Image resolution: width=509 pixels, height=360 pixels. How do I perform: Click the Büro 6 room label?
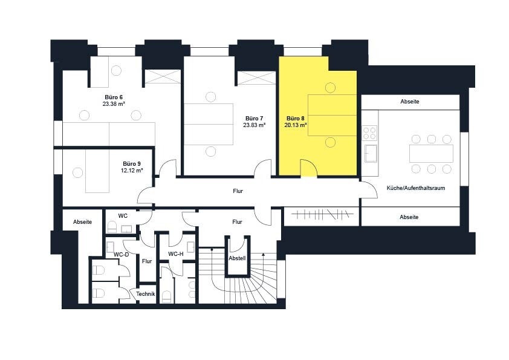(114, 97)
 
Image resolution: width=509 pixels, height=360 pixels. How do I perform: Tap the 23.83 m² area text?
(254, 125)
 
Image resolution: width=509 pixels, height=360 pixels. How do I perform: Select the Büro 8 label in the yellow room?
(296, 118)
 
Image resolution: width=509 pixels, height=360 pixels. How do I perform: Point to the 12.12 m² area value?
(132, 170)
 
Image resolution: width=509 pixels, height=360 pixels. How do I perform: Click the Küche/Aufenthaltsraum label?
(416, 188)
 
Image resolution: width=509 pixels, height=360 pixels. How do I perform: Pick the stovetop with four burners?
(369, 133)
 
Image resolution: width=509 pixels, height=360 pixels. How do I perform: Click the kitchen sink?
(371, 153)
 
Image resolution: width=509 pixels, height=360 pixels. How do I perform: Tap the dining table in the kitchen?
(431, 154)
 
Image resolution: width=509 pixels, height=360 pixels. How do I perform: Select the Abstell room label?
(238, 258)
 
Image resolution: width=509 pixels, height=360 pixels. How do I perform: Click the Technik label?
(146, 293)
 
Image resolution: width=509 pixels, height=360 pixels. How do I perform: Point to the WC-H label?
(176, 254)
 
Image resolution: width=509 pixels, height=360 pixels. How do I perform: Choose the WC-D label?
(121, 254)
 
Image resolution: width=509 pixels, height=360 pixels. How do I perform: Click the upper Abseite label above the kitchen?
(410, 102)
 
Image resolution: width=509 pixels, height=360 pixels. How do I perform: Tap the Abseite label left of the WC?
(82, 222)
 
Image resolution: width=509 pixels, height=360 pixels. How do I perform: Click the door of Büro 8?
(308, 168)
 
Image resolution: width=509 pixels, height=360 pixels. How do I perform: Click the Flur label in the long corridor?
(238, 191)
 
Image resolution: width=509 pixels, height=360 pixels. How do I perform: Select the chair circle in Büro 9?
(77, 172)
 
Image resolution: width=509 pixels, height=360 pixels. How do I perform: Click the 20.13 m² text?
(296, 125)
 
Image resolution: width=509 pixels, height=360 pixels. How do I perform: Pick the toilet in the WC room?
(112, 227)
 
